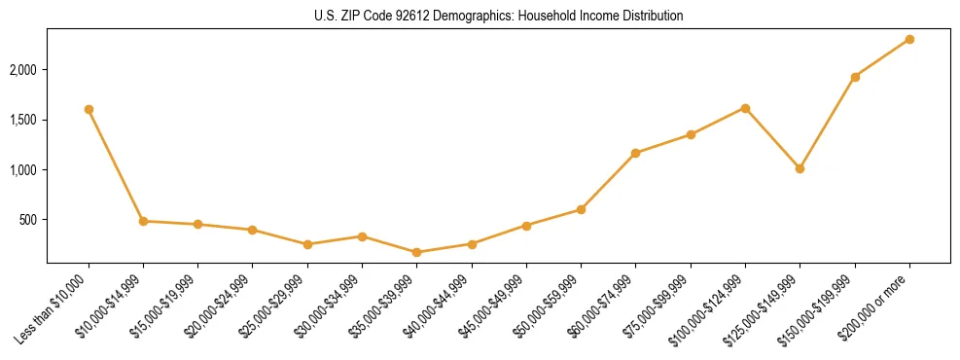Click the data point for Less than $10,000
point(89,109)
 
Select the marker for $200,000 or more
point(909,39)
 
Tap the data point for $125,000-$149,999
point(800,168)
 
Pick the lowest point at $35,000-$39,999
point(416,252)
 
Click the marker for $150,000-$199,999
point(855,77)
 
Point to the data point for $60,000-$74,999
point(635,153)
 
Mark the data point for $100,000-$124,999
point(745,108)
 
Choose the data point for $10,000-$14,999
point(143,221)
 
